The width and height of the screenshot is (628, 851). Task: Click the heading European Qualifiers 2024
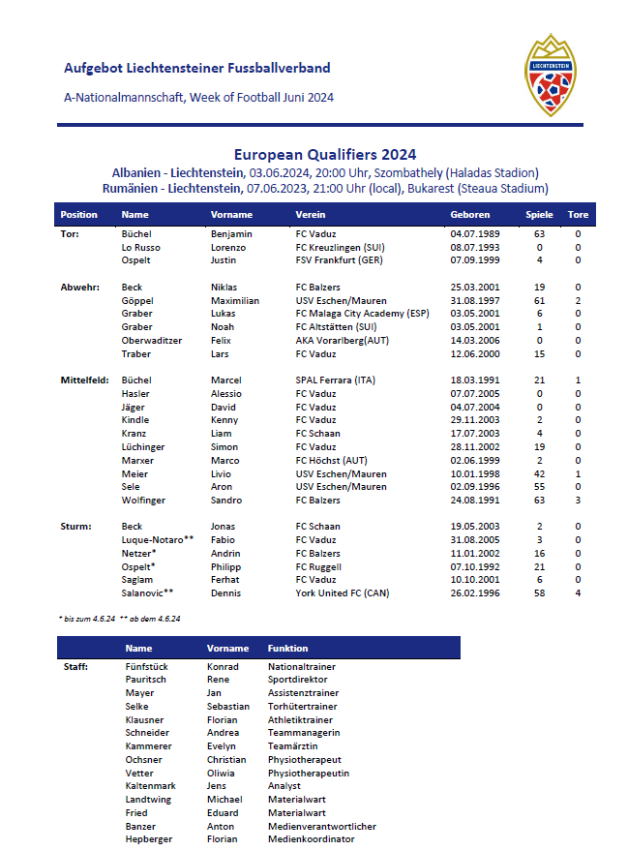pos(325,154)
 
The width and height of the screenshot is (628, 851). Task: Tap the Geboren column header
pos(470,215)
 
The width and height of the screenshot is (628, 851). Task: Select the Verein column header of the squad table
pos(311,215)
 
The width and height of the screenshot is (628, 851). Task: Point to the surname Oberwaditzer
pos(152,341)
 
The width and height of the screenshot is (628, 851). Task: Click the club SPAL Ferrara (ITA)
pos(335,380)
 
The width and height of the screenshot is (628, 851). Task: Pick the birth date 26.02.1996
pos(474,593)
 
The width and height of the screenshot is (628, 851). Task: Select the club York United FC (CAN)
pos(344,593)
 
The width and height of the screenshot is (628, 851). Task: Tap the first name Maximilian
pos(234,301)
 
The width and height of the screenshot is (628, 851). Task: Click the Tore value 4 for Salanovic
pos(578,593)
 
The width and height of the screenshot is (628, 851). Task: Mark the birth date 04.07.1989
pos(474,234)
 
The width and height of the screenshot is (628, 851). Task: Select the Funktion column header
pos(287,649)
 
